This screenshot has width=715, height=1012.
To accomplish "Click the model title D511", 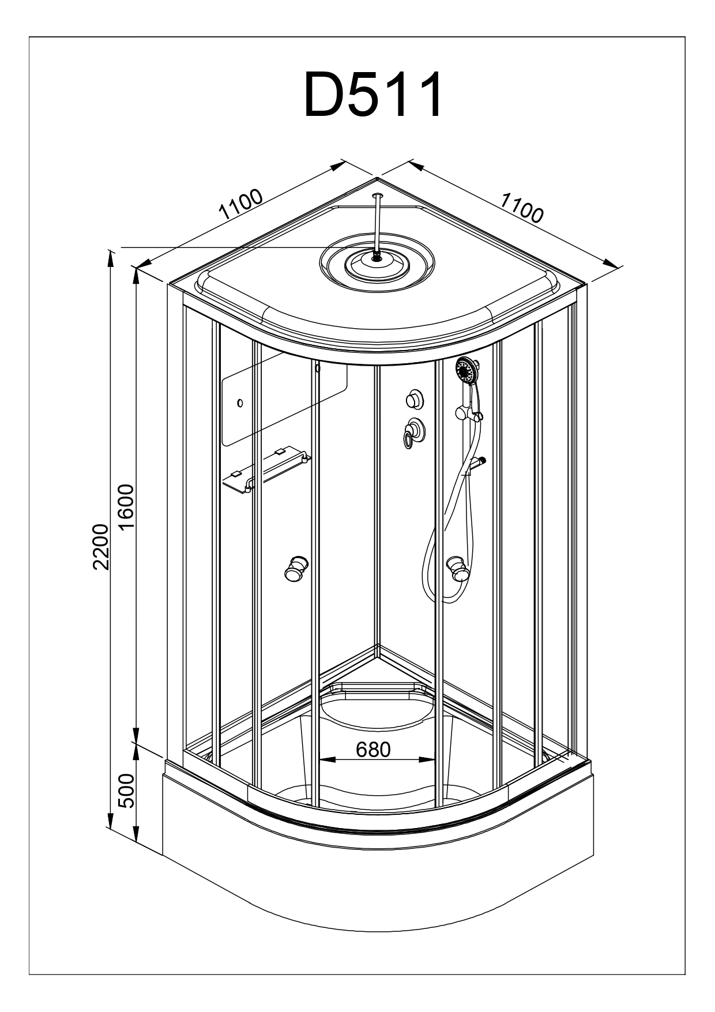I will click(374, 95).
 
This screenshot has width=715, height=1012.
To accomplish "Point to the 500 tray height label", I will click(126, 791).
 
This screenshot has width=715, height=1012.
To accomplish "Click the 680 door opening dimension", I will click(373, 749).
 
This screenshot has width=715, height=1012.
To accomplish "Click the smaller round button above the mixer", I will click(413, 398).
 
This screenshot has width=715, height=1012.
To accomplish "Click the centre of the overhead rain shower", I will click(377, 259).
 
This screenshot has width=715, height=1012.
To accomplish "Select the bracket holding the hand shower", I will click(468, 412).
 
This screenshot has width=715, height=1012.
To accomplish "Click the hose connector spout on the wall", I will click(477, 462).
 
